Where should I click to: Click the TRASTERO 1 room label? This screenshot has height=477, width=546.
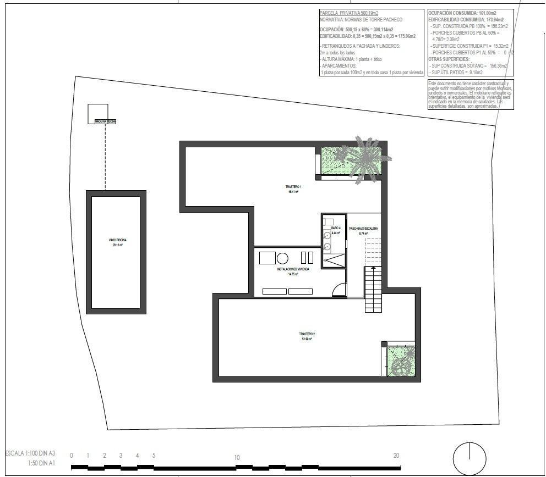tap(293, 187)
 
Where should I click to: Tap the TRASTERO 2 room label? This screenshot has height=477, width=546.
tap(307, 334)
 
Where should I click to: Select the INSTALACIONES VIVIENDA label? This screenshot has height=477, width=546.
tap(292, 269)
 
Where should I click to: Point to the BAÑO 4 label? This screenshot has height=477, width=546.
tap(336, 228)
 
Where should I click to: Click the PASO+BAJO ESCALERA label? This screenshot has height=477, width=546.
tap(363, 228)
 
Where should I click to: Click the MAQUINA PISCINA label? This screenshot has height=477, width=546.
tap(105, 121)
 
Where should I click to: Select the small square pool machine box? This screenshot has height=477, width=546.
tap(98, 113)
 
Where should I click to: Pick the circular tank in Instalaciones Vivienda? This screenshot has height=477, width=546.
tap(282, 258)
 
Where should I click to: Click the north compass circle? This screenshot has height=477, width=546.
tap(469, 458)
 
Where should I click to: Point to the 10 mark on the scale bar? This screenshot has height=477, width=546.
tap(236, 457)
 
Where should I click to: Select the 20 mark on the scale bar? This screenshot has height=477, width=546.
tap(396, 455)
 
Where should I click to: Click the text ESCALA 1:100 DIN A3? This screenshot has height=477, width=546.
tap(30, 453)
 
